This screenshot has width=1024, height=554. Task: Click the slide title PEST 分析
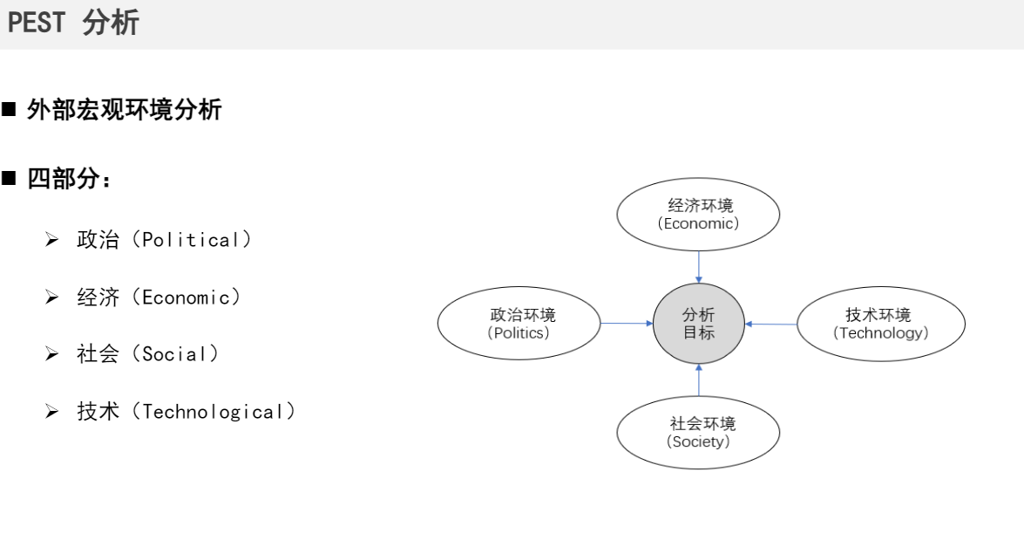click(x=73, y=24)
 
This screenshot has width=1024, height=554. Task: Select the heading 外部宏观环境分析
click(x=124, y=110)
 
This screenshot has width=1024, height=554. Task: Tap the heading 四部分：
click(x=69, y=180)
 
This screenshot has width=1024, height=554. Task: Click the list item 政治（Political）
click(x=164, y=240)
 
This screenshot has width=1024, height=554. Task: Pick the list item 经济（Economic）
click(x=159, y=298)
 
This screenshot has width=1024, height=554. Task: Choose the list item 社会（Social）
click(x=147, y=354)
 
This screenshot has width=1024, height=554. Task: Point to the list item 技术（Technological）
click(x=186, y=412)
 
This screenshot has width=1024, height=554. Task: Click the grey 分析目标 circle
click(x=698, y=324)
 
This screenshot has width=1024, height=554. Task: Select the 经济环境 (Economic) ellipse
click(x=698, y=214)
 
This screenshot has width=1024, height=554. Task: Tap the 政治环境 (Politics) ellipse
click(x=519, y=324)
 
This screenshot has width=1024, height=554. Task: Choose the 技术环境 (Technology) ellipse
click(x=880, y=324)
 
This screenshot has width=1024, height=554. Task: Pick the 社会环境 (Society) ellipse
click(x=698, y=432)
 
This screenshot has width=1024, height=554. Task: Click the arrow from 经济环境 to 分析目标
click(x=698, y=267)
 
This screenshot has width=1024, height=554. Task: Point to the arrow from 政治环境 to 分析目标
click(x=627, y=324)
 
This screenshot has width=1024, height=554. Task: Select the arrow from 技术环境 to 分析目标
click(x=770, y=324)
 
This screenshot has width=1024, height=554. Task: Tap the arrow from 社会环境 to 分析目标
click(x=698, y=380)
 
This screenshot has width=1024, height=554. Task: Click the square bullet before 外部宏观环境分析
click(x=10, y=111)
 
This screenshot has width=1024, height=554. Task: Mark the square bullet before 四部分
click(x=10, y=181)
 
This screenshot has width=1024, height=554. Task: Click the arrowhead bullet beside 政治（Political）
click(x=51, y=240)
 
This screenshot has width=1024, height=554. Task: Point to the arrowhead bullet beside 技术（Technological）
click(x=51, y=412)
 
